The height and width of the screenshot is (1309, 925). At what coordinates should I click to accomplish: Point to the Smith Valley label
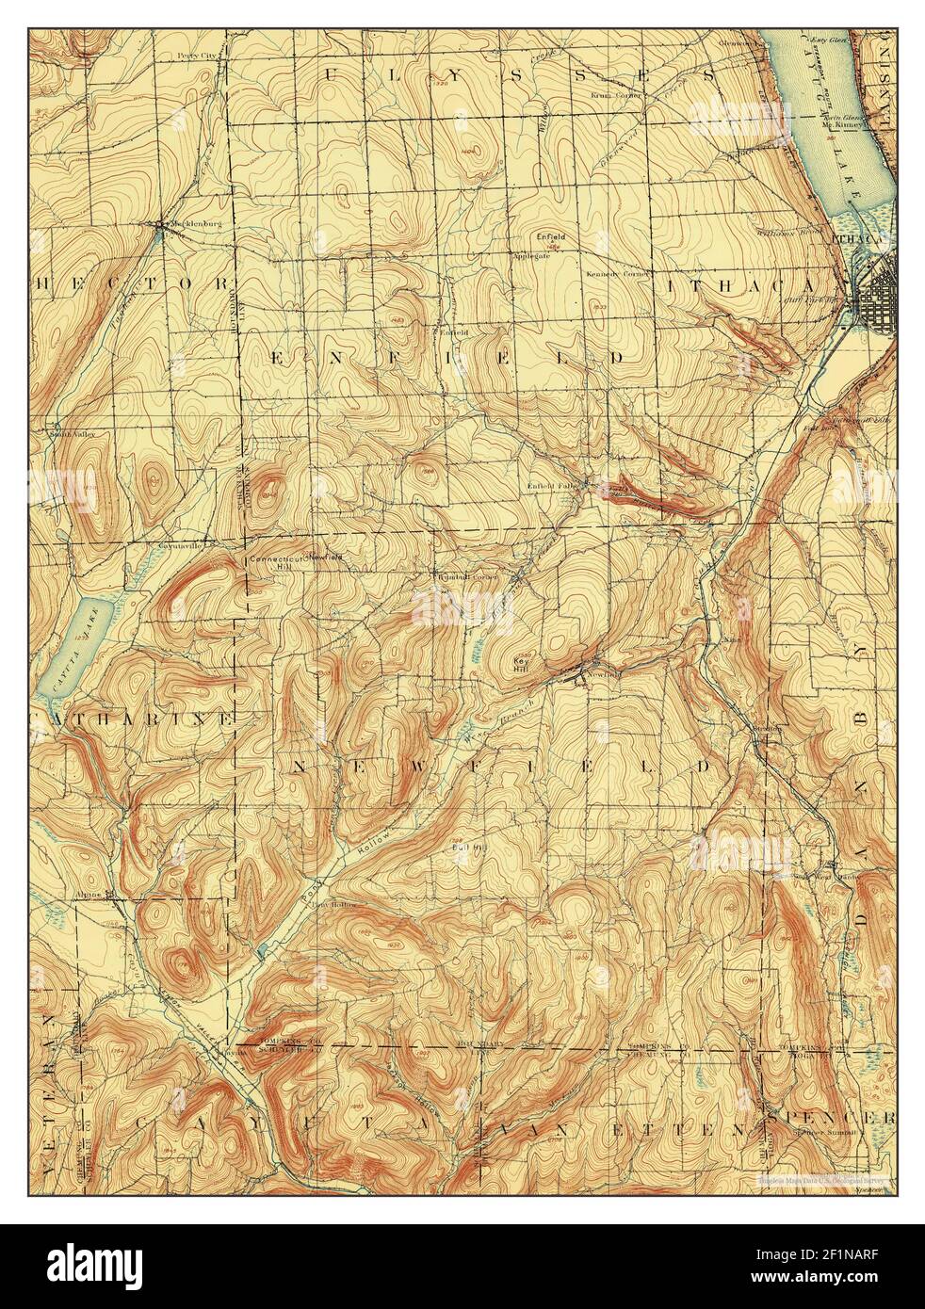point(73,435)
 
